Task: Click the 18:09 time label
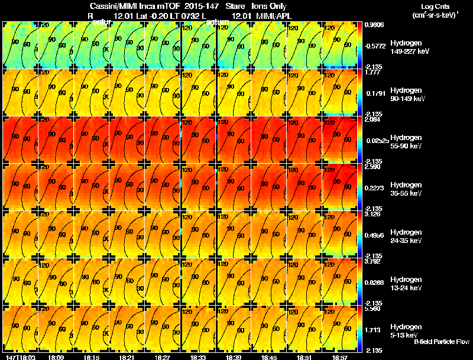coord(57,358)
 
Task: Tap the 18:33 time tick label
coord(198,358)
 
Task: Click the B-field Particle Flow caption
coord(441,342)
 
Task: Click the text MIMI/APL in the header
coord(276,15)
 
